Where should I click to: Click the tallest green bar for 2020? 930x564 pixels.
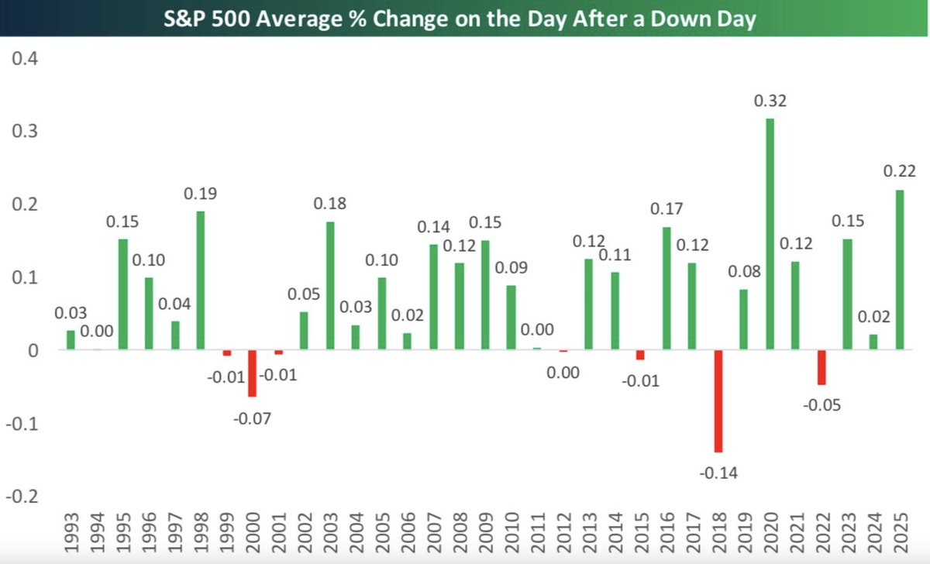point(770,234)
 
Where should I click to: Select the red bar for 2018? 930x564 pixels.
point(718,401)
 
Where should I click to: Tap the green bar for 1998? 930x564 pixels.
point(200,280)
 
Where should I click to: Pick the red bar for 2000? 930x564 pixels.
point(252,373)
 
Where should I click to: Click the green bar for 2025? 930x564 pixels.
point(899,270)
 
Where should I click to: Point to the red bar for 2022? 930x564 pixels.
point(821,367)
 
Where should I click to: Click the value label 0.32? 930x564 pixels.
point(770,101)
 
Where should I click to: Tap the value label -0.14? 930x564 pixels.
point(718,472)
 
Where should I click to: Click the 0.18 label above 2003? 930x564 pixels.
point(329,204)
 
